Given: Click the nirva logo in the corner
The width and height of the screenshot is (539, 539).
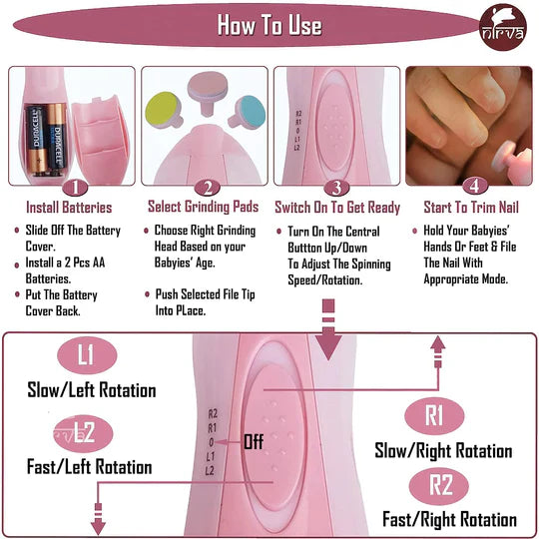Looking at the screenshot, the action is click(503, 28).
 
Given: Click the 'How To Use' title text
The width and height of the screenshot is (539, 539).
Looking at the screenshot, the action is click(269, 25).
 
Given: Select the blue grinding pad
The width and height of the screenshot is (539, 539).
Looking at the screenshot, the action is click(248, 112).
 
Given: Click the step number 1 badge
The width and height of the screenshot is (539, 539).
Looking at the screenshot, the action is click(75, 188).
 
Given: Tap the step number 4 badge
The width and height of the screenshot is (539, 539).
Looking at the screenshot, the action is click(474, 187).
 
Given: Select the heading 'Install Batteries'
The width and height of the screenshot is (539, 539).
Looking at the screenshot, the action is click(69, 208).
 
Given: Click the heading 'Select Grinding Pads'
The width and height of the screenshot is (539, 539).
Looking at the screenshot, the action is click(204, 207).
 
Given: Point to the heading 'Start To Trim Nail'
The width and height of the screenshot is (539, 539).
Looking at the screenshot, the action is click(471, 208).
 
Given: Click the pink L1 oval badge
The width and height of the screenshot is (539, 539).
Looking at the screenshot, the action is click(87, 355).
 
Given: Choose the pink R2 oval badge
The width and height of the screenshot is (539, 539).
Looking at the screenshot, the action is click(439, 486).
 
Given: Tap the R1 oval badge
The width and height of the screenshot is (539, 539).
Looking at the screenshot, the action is click(434, 416).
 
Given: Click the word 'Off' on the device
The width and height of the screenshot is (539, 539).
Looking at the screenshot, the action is click(254, 442).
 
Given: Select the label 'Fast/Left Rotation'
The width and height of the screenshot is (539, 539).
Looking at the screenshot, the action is click(90, 467).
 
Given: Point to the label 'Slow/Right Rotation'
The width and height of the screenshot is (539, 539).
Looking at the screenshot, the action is click(443, 450).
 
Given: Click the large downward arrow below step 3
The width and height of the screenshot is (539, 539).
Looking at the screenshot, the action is click(328, 329).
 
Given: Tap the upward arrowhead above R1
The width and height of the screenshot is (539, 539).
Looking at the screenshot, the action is click(437, 342).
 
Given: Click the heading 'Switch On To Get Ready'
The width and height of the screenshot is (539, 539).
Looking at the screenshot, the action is click(337, 208).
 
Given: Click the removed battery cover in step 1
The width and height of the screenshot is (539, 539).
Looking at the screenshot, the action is click(101, 138).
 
